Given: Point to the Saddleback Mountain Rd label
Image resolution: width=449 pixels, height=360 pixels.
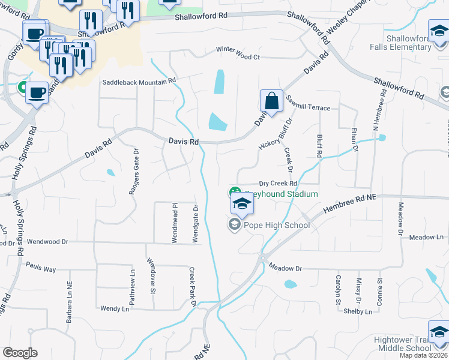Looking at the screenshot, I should click(x=139, y=81).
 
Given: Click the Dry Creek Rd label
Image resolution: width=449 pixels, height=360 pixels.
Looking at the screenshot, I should click(x=278, y=184).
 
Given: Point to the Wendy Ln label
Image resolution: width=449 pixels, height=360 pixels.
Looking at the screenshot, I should click(x=114, y=308).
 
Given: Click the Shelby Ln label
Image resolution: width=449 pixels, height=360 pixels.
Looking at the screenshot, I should click(x=358, y=311).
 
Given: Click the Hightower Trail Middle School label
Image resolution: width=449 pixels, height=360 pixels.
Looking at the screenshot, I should click(x=402, y=344).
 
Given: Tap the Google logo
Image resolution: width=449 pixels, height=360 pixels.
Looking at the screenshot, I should click(x=20, y=353).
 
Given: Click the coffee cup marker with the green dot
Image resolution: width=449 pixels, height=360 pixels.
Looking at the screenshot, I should click(x=37, y=93).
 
